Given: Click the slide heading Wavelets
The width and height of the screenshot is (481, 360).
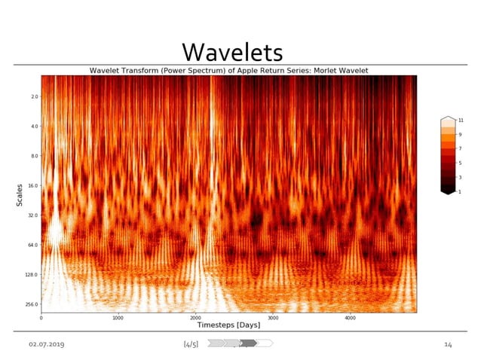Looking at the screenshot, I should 232,51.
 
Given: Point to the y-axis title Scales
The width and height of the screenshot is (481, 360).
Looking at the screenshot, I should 20,194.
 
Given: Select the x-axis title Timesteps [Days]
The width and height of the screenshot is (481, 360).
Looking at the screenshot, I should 228,325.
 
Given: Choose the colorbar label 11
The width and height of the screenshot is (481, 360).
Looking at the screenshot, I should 460,121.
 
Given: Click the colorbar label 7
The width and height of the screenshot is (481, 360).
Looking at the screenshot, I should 459,149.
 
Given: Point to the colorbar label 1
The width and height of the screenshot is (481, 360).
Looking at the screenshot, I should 459,191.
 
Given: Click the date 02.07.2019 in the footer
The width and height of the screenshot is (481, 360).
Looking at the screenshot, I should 47,344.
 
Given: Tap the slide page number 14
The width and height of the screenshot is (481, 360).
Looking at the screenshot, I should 448,344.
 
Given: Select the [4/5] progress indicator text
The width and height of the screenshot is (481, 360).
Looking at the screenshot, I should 191,344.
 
